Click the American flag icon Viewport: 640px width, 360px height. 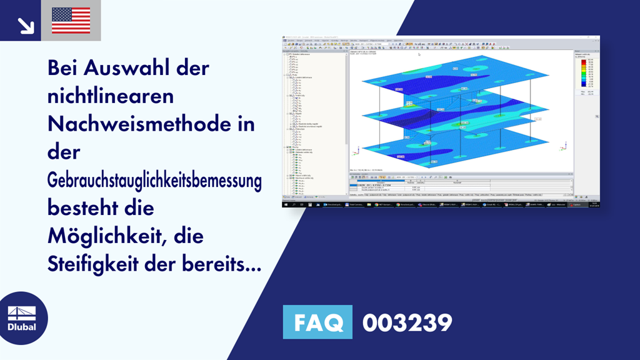tap(71, 20)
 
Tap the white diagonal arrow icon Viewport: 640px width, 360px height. tap(26, 25)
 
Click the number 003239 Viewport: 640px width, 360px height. tap(407, 323)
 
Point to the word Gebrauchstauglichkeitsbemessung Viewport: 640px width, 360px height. tap(154, 181)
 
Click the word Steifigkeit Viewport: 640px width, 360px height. tap(94, 265)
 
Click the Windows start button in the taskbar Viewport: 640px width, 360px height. tap(285, 204)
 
